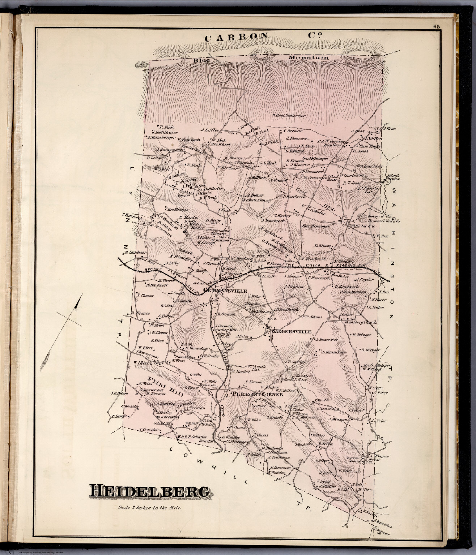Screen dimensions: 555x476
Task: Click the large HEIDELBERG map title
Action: [150, 492]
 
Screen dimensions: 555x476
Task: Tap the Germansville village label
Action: [225, 291]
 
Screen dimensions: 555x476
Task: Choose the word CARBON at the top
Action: [236, 37]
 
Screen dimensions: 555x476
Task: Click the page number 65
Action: [435, 26]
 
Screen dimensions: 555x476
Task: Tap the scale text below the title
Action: [149, 508]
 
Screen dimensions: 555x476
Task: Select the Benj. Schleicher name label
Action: [291, 116]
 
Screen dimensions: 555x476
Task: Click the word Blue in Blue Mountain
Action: [201, 60]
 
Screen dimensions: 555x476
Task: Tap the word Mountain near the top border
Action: [308, 58]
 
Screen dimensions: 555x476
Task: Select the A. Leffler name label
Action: [211, 130]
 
